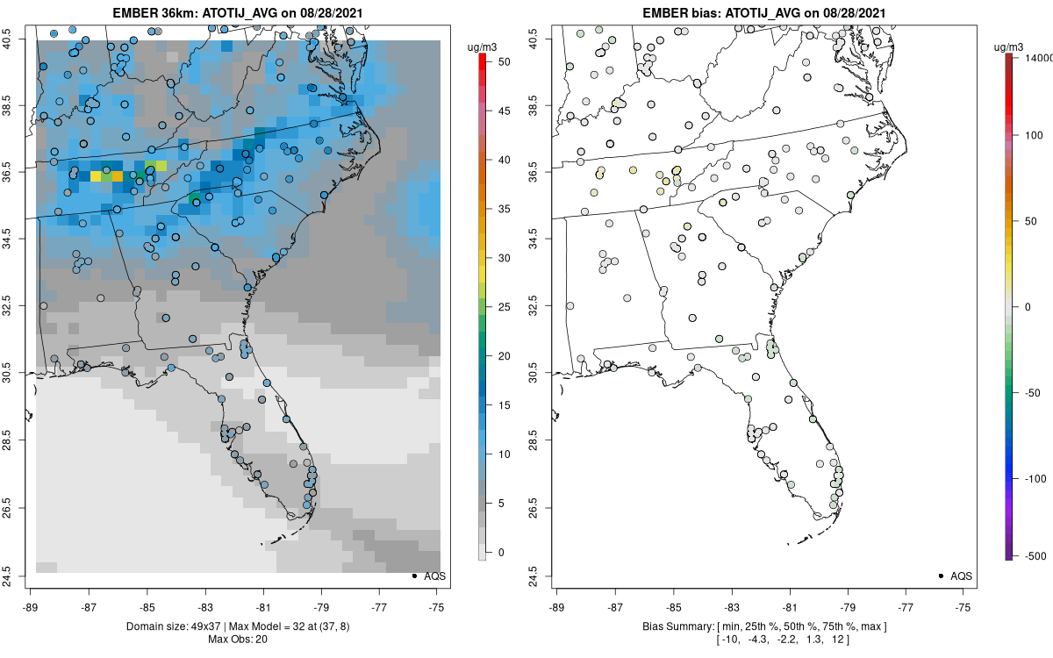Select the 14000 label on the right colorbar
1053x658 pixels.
tap(1036, 57)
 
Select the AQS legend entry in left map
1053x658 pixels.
tap(429, 576)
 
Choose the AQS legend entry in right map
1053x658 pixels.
tap(956, 576)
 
